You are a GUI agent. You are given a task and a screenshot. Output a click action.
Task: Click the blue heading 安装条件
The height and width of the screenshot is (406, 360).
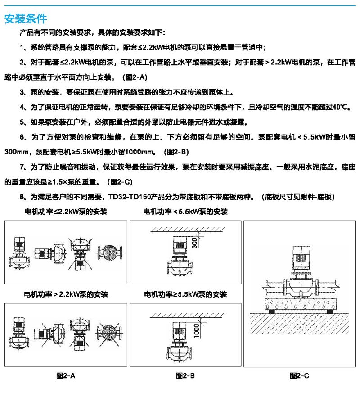tap(26, 18)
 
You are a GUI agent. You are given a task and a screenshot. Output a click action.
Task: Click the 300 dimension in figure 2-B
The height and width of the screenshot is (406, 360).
tap(194, 243)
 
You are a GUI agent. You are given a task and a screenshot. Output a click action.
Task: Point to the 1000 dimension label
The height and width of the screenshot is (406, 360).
tap(197, 331)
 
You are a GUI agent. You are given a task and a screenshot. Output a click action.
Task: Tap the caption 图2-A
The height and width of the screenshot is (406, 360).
tap(66, 375)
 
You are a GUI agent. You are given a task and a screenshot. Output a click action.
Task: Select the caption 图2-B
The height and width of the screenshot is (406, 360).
tap(185, 375)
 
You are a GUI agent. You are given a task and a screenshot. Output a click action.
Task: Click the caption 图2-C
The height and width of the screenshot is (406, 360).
tap(299, 375)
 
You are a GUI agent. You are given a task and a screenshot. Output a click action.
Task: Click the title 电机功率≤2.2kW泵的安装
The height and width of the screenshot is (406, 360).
tap(66, 212)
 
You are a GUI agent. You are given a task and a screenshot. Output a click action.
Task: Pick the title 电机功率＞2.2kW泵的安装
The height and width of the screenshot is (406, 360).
tap(66, 294)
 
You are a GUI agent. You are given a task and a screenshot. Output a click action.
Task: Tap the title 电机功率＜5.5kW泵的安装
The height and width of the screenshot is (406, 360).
tap(185, 212)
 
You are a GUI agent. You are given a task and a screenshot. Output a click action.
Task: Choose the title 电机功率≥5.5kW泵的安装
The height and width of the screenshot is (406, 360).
tap(185, 294)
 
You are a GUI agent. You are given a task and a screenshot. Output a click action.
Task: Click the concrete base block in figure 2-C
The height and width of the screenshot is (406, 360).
tap(301, 304)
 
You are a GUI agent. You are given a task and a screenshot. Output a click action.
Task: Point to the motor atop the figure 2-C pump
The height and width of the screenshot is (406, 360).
tap(301, 258)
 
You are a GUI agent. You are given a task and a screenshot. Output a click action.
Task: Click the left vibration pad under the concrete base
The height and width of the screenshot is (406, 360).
tap(271, 311)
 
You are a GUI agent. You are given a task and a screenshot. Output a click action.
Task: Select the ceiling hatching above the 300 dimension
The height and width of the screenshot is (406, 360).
tap(188, 229)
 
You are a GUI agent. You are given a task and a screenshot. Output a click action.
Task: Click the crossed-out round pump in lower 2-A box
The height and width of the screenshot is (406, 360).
tap(109, 334)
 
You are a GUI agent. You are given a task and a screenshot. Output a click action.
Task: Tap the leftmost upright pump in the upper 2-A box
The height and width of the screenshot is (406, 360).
tap(19, 253)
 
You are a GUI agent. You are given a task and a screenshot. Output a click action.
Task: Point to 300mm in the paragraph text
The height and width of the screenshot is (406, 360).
tap(16, 152)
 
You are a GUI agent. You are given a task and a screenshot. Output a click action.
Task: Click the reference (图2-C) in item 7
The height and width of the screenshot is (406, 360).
tap(120, 182)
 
